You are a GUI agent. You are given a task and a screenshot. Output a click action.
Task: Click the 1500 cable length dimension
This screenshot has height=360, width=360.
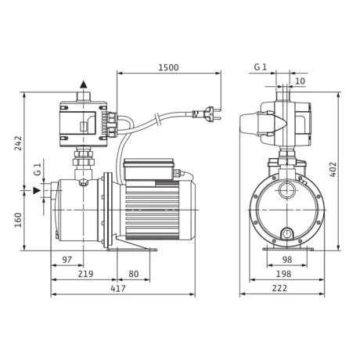point(168,67)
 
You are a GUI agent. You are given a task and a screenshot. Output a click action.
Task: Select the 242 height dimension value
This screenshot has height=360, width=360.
point(18,143)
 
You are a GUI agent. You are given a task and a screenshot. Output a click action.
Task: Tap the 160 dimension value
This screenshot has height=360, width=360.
point(18,220)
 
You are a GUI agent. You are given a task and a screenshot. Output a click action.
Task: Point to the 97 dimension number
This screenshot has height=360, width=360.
point(67,260)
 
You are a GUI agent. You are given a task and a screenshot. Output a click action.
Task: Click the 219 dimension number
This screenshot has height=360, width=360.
point(85,274)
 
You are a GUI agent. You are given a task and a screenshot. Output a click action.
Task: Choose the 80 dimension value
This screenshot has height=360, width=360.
point(133,274)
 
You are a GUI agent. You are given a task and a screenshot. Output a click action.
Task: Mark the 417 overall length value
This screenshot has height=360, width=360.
point(118,288)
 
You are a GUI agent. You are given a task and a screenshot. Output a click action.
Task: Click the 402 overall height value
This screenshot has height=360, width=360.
point(333,170)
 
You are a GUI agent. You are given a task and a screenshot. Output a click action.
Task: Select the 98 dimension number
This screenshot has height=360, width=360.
point(287,260)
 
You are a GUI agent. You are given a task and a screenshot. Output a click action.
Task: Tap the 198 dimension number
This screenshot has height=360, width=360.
point(283,274)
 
